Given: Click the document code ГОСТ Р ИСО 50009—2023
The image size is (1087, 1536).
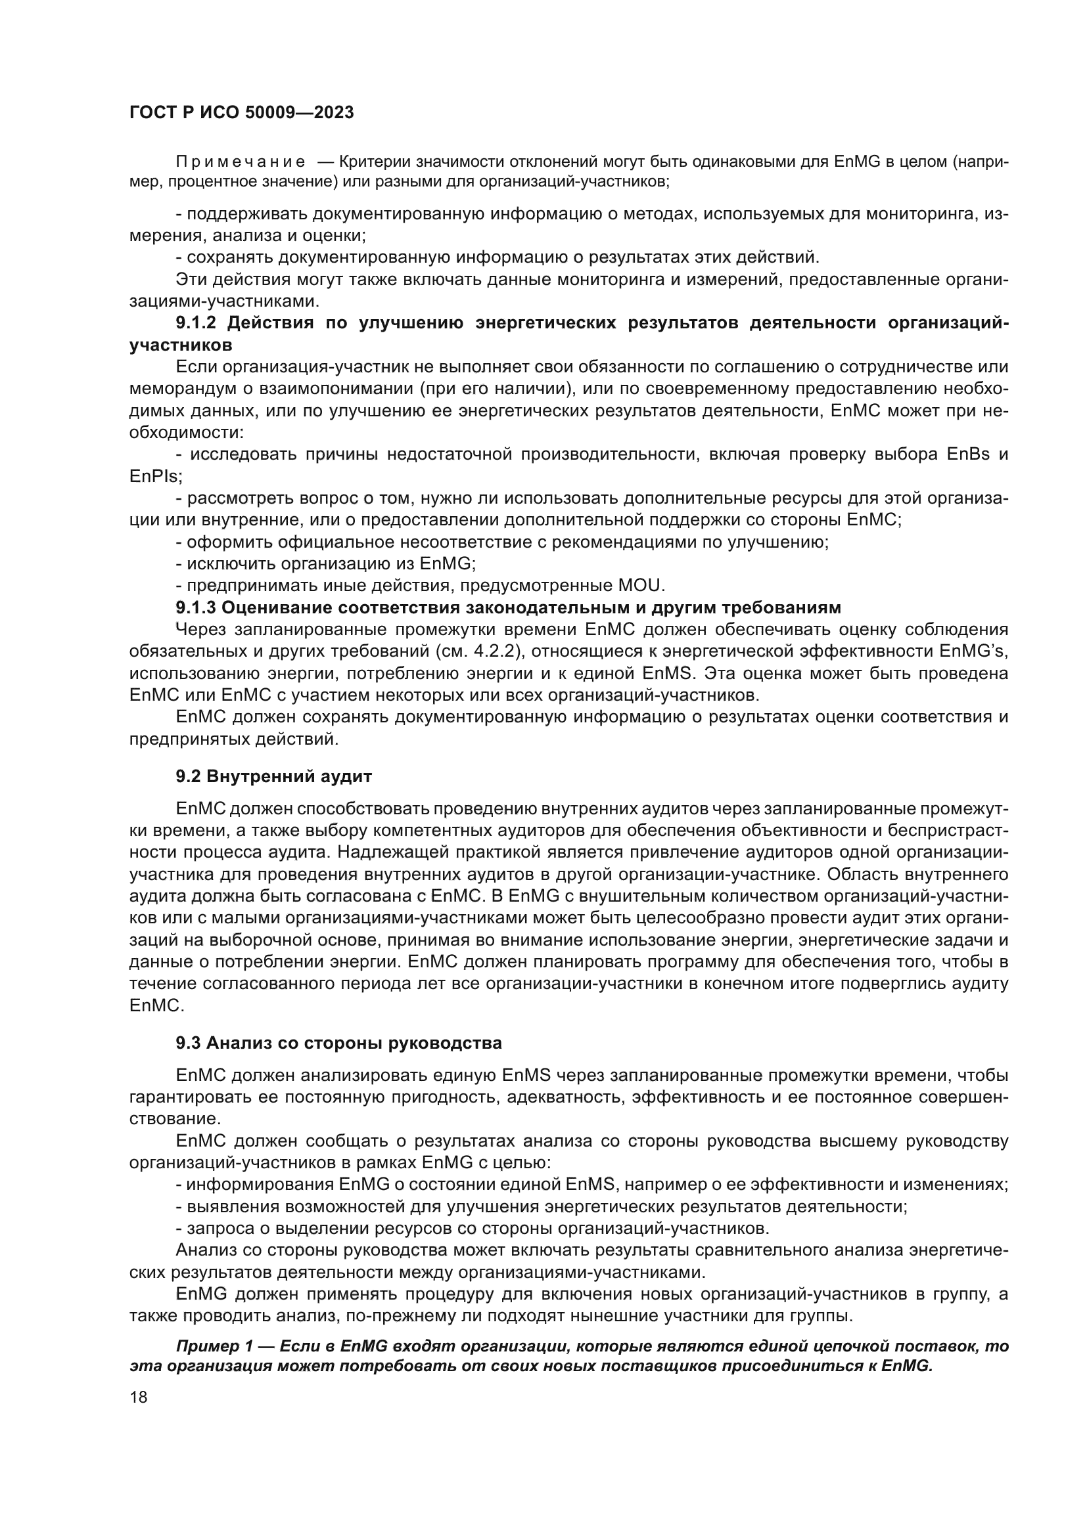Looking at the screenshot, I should click(242, 112).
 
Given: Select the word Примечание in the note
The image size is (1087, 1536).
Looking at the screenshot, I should click(241, 162).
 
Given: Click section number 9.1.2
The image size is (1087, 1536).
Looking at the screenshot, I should click(196, 323).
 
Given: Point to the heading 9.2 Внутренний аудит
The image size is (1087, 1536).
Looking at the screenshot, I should click(274, 777).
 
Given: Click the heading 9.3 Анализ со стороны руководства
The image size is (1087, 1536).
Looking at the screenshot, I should click(338, 1043).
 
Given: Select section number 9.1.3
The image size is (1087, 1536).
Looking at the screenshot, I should click(196, 607).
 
